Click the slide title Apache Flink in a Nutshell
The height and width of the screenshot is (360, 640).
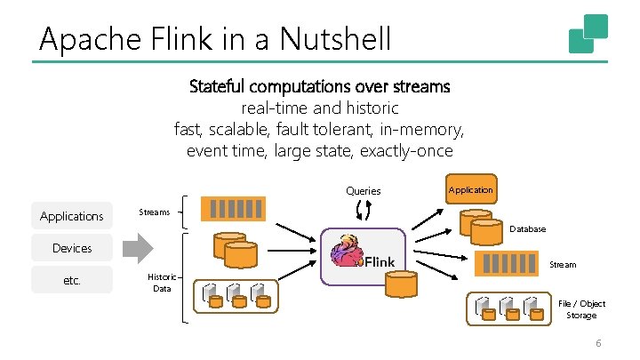pyautogui.click(x=215, y=38)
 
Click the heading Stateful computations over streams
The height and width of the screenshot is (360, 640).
pyautogui.click(x=320, y=87)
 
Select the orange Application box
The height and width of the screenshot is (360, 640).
pyautogui.click(x=470, y=190)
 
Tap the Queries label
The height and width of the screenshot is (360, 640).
pyautogui.click(x=363, y=191)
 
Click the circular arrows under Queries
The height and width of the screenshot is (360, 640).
pyautogui.click(x=363, y=210)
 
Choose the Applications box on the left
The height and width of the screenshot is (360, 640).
pyautogui.click(x=72, y=216)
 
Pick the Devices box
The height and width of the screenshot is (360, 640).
pyautogui.click(x=72, y=248)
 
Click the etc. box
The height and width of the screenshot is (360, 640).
pyautogui.click(x=72, y=280)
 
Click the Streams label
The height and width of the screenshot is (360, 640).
pyautogui.click(x=156, y=212)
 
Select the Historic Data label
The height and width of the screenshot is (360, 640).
pyautogui.click(x=162, y=283)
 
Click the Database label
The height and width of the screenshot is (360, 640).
pyautogui.click(x=527, y=229)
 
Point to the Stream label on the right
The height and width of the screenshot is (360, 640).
pyautogui.click(x=563, y=265)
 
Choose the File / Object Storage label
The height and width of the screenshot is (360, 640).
pyautogui.click(x=582, y=309)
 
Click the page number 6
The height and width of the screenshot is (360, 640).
pyautogui.click(x=598, y=344)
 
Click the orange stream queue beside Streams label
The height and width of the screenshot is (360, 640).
pyautogui.click(x=234, y=208)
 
